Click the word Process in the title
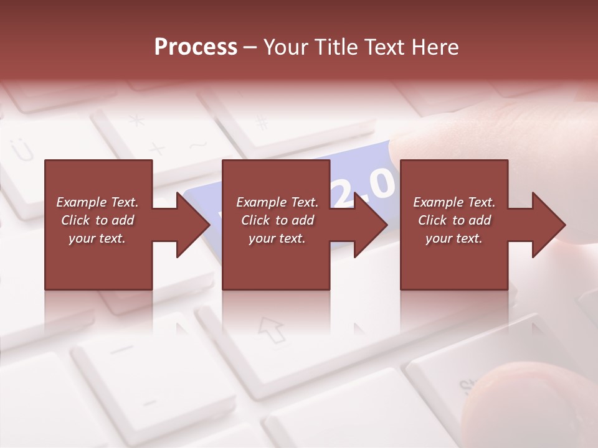196,47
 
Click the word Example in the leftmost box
81,202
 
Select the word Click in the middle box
256,220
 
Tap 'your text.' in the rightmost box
454,238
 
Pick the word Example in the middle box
261,202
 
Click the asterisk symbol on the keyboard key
136,119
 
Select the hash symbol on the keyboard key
262,123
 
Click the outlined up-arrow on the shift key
272,330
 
